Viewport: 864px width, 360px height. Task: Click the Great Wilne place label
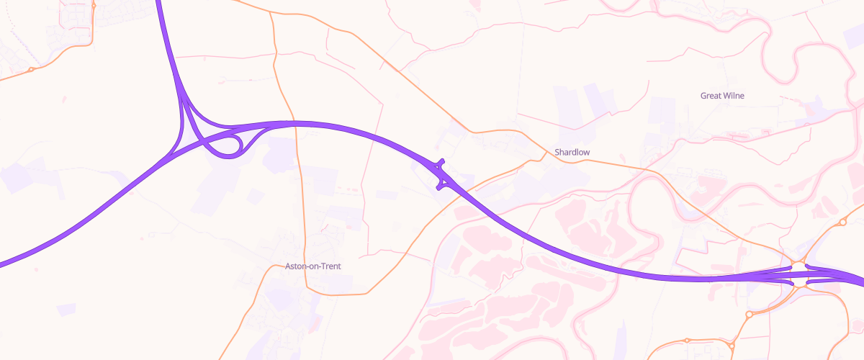[722, 95]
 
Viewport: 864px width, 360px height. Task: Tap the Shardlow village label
[572, 152]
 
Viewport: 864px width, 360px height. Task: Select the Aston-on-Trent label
[312, 266]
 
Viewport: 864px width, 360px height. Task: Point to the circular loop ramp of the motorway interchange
[229, 145]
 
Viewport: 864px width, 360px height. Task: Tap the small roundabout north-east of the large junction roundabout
[843, 223]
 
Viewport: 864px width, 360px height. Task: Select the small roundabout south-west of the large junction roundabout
[749, 314]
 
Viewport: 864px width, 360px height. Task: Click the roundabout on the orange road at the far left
[31, 69]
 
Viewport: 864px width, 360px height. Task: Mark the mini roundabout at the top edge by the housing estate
[94, 4]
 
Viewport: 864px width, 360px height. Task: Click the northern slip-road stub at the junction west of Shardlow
[441, 163]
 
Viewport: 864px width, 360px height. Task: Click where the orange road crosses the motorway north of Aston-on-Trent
[294, 122]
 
